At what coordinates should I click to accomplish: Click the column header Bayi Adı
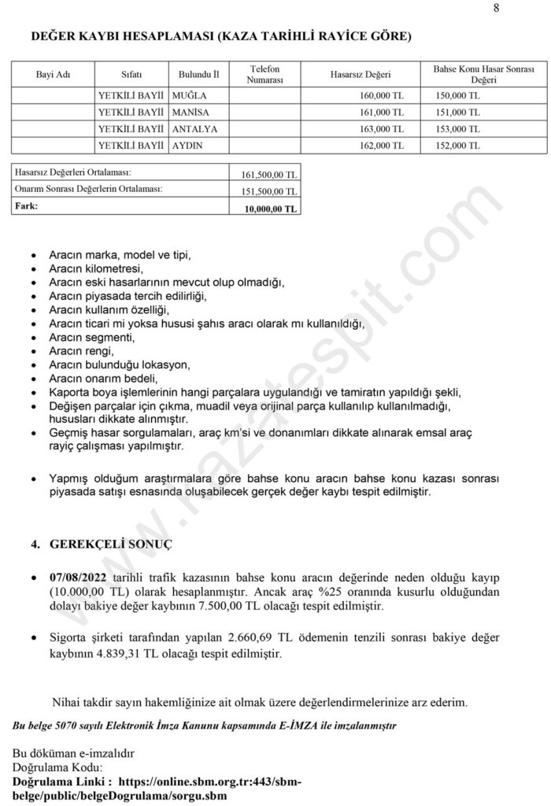53,75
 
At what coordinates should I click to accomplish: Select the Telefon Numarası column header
264,75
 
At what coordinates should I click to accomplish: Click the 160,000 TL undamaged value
380,95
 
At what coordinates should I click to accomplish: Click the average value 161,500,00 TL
269,175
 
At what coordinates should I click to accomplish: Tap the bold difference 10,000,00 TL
272,209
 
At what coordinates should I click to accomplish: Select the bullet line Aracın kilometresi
93,268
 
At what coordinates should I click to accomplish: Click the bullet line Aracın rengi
81,351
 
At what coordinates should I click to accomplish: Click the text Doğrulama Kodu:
57,767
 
